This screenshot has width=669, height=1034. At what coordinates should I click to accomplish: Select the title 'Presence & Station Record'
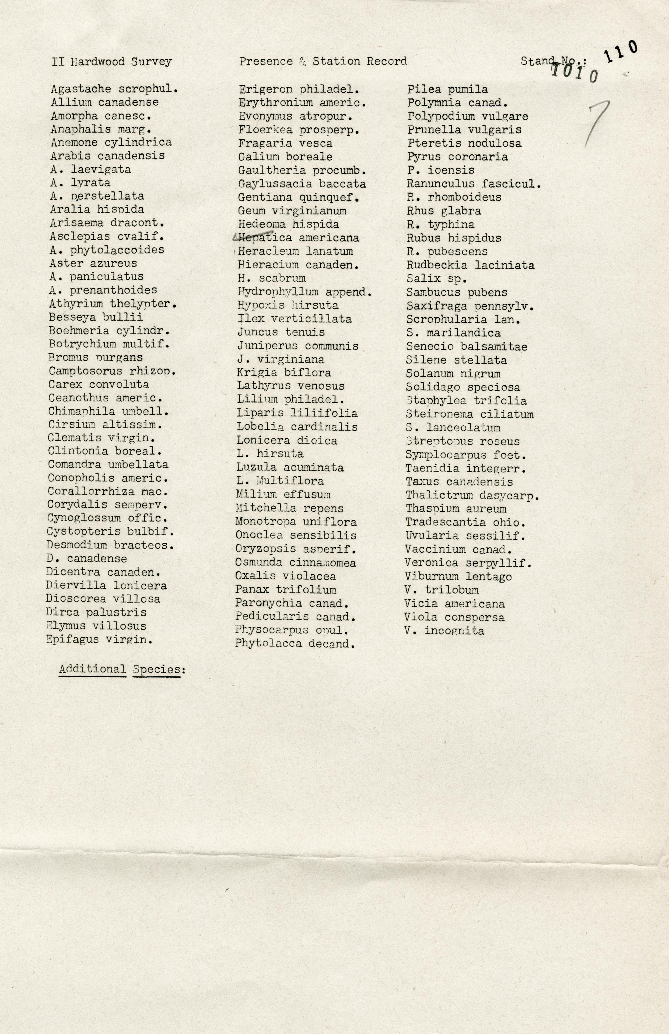click(x=323, y=61)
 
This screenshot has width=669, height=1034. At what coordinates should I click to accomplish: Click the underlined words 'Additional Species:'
click(x=122, y=669)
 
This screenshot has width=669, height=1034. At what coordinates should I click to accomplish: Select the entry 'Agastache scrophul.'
click(x=115, y=89)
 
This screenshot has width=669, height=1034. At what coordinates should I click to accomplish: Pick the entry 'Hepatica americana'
click(x=299, y=238)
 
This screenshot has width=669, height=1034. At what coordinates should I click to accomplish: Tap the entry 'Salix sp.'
click(x=437, y=279)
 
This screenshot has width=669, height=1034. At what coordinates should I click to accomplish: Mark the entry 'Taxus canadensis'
click(x=459, y=482)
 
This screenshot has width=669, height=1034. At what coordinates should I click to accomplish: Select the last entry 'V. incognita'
click(x=444, y=630)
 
